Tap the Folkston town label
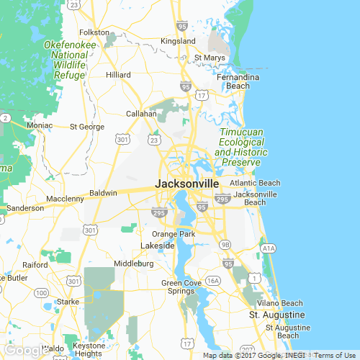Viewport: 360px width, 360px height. (x=94, y=32)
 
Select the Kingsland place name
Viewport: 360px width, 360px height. (x=178, y=41)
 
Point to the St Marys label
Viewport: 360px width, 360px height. (x=209, y=58)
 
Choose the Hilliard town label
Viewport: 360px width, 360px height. (x=118, y=75)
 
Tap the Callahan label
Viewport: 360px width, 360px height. (x=142, y=114)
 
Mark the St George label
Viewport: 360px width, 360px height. (x=87, y=127)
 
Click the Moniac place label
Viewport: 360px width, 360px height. (x=39, y=125)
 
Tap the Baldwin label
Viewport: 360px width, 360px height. (x=103, y=193)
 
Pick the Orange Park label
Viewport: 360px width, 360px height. (x=174, y=235)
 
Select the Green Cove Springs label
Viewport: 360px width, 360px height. (x=181, y=287)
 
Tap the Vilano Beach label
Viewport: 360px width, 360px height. (x=280, y=303)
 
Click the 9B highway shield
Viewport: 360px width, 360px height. (x=225, y=245)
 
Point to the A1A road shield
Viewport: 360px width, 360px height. (x=269, y=248)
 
